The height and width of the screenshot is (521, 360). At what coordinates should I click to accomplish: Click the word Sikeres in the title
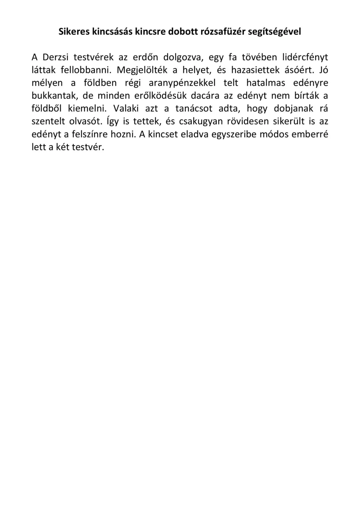point(73,32)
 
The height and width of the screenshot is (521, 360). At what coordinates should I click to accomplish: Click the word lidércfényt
point(305,57)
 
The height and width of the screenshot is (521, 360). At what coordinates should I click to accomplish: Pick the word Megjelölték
point(142,70)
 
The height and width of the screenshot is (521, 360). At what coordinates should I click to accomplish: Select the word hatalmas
point(266,83)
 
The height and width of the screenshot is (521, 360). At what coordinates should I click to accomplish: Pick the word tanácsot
point(194,109)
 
